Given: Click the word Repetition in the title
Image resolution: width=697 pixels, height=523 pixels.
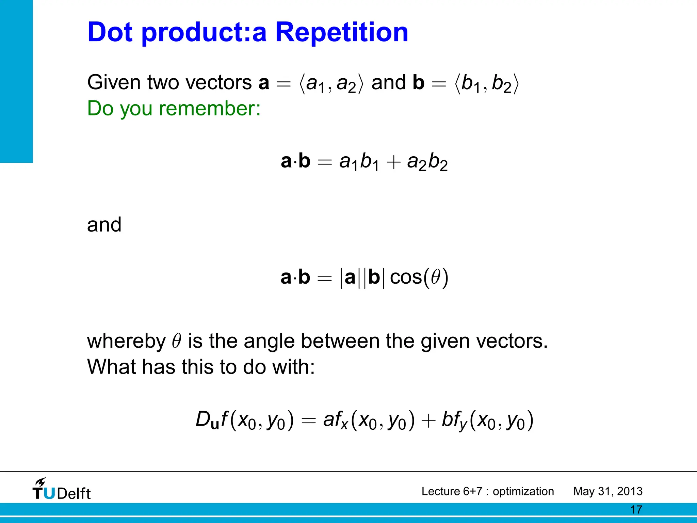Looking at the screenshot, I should (x=341, y=32).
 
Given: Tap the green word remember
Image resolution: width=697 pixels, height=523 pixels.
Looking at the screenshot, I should (x=209, y=109).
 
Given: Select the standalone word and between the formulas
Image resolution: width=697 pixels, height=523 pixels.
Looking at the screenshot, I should (x=104, y=225).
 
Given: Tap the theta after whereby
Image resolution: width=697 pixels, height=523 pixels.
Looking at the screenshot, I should (x=176, y=341).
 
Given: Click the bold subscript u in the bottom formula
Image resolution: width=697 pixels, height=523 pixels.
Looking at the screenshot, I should (x=215, y=425).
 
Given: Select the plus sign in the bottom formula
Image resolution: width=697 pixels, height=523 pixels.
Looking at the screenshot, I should (x=428, y=421).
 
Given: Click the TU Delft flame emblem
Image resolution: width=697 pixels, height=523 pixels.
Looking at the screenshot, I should (x=40, y=483).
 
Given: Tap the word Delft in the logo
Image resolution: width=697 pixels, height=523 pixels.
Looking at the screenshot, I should (x=74, y=494).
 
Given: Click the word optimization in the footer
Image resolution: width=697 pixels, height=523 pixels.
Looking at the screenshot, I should (x=523, y=491).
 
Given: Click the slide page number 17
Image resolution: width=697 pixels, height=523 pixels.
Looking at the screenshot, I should (x=636, y=510).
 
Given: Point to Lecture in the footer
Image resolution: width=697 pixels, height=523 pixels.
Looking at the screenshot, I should (x=440, y=491).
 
